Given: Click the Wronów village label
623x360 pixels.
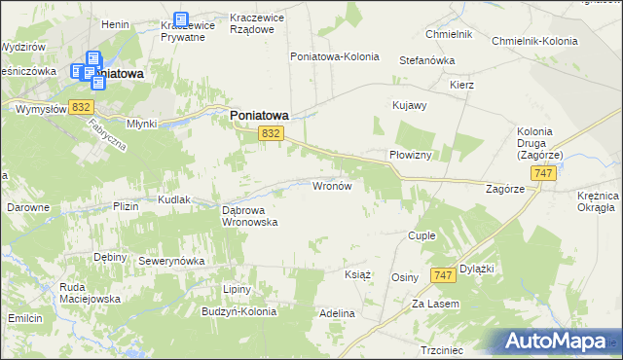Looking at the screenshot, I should (x=337, y=185).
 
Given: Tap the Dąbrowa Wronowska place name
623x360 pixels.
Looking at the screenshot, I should (x=250, y=215).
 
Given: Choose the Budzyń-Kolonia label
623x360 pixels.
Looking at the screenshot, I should (x=238, y=312).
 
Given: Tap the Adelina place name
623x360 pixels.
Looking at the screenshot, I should (x=337, y=314).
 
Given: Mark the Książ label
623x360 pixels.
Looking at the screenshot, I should (x=358, y=274).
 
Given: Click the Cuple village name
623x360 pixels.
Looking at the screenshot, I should (x=421, y=236).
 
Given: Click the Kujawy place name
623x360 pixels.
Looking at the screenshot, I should (x=409, y=105).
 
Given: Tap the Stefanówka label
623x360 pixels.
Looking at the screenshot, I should (x=427, y=60).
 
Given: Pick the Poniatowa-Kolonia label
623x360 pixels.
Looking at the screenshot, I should (x=334, y=56).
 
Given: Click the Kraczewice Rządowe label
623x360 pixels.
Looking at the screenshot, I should (x=261, y=22).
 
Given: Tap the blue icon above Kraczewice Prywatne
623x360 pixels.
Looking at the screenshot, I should (x=181, y=19).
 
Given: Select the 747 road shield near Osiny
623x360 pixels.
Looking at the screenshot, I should (x=443, y=275).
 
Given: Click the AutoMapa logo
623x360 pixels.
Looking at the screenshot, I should (x=556, y=341).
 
